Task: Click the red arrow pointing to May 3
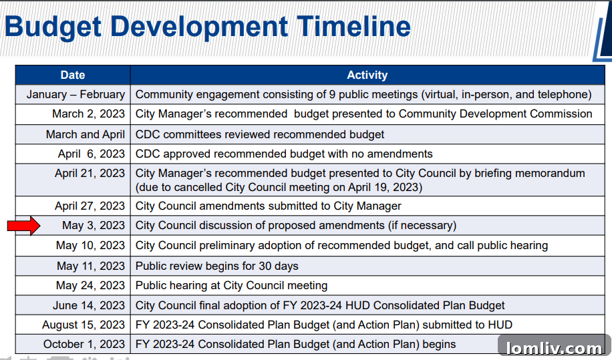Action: [24, 226]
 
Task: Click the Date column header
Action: [73, 75]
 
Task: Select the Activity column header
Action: [367, 75]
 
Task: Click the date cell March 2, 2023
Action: [88, 114]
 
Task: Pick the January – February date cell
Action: [75, 95]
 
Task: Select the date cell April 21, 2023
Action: [90, 174]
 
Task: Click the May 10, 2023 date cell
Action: [90, 246]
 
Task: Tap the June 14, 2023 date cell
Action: [89, 305]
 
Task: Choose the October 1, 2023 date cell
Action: [84, 345]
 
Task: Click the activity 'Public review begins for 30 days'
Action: [216, 266]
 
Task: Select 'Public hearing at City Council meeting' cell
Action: [231, 286]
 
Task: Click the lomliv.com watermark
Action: [554, 348]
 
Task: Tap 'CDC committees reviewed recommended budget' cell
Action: [260, 134]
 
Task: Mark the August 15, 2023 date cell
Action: [84, 325]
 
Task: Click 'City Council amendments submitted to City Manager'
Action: [269, 206]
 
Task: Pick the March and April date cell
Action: [86, 134]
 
